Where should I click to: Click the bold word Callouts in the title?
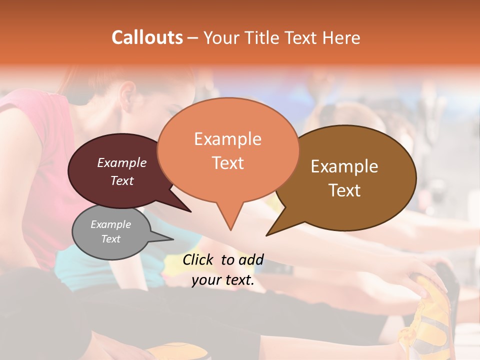click(x=147, y=37)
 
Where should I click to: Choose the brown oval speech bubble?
click(x=350, y=177)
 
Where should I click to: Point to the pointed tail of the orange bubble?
click(x=230, y=227)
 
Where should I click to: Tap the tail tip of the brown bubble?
click(x=267, y=234)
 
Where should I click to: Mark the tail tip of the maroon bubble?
click(x=190, y=211)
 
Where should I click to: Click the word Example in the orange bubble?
click(x=227, y=139)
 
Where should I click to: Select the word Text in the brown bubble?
click(x=344, y=190)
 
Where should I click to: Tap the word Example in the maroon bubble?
click(x=122, y=162)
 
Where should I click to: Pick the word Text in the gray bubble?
click(x=111, y=239)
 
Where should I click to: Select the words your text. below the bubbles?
click(x=223, y=280)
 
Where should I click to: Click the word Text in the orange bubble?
click(x=228, y=163)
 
